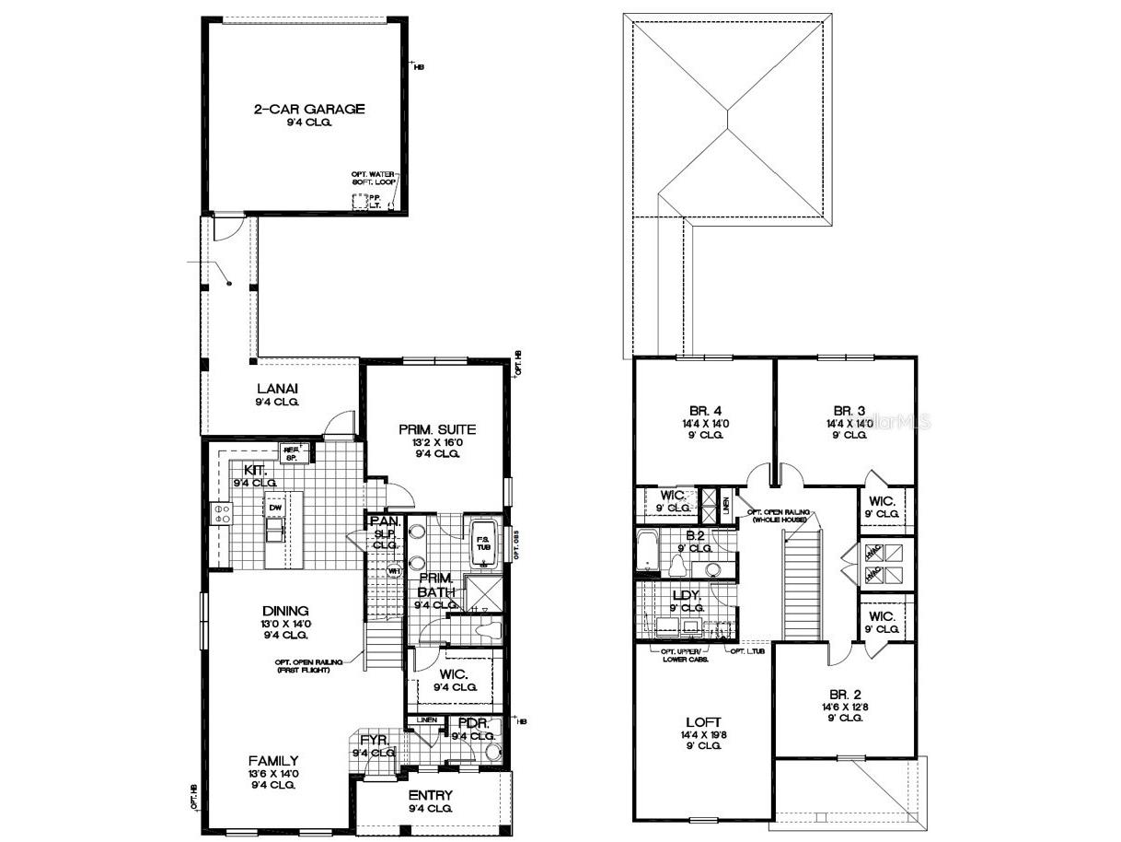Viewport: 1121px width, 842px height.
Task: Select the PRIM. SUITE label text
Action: (436, 429)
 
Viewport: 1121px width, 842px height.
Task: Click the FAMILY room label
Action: (273, 761)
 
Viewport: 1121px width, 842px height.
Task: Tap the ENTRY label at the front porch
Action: (431, 795)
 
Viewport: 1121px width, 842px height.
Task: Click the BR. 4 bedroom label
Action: (702, 411)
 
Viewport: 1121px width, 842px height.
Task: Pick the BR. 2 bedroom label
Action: (845, 695)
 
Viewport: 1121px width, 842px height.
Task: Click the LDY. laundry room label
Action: (688, 596)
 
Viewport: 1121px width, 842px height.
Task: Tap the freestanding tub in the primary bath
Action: (483, 543)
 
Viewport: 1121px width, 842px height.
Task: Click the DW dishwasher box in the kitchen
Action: (275, 509)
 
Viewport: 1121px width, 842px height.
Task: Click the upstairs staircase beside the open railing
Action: (801, 590)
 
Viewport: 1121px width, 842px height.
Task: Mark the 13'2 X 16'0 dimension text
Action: (436, 441)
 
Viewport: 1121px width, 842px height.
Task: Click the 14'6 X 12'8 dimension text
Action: (845, 707)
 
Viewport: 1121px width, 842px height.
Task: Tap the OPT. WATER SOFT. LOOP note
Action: (373, 180)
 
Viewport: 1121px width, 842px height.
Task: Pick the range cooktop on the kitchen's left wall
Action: (222, 513)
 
